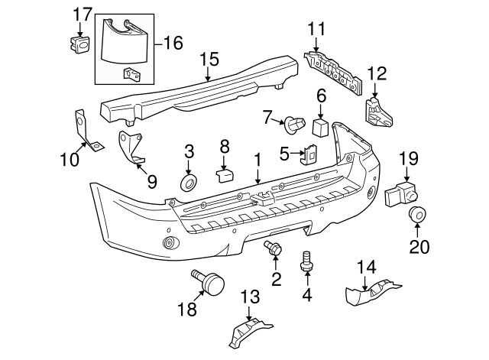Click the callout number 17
pos(82,14)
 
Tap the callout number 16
pos(173,43)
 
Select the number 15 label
pos(209,59)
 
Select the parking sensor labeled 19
pos(402,194)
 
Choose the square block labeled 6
pos(321,125)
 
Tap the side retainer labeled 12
pos(377,112)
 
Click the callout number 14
pos(368,266)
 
